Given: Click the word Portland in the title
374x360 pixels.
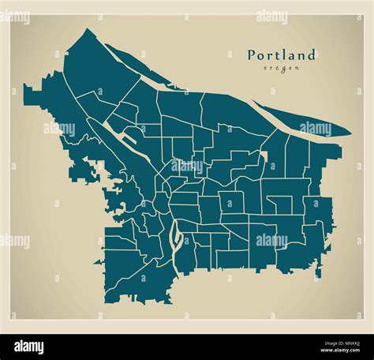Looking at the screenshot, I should click(x=282, y=55).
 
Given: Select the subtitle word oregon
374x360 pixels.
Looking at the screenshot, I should click(x=282, y=69).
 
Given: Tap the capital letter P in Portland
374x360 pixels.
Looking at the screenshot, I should click(x=252, y=55).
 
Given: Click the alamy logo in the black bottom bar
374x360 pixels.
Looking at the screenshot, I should click(x=30, y=346).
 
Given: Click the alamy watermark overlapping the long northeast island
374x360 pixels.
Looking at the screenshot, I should click(x=316, y=128).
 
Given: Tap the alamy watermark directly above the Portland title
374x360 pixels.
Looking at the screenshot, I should click(x=271, y=17).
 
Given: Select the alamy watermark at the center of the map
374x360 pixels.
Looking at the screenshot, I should click(x=187, y=167).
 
